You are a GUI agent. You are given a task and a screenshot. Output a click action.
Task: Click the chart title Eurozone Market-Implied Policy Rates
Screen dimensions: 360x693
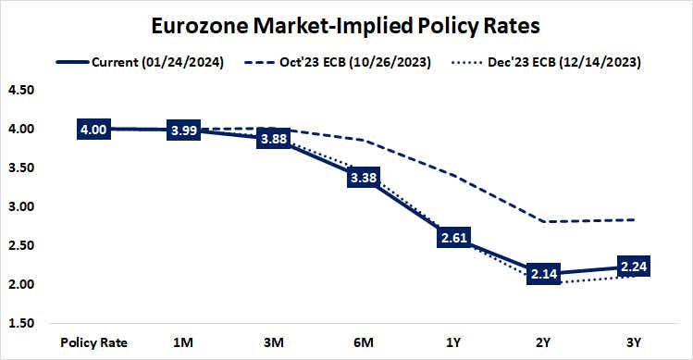coord(346,25)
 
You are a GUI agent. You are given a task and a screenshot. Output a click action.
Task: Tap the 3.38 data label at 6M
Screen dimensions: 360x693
coord(364,178)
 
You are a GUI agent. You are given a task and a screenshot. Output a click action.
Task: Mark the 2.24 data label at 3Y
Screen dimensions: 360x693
coord(633,267)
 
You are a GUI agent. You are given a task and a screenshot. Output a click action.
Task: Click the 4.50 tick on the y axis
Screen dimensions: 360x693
coord(20,91)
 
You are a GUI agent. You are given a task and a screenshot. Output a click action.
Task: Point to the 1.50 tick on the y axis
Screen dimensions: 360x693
coord(20,323)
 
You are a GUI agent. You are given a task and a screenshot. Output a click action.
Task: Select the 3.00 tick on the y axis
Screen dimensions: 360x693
coord(20,206)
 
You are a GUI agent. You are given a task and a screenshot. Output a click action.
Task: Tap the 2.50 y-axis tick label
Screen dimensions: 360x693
coord(20,245)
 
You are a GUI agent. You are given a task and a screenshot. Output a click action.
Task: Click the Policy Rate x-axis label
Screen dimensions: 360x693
coord(94,341)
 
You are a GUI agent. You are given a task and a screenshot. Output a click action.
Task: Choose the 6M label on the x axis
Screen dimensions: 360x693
coord(364,341)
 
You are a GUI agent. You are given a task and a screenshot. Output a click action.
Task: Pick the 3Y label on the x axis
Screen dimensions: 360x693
coord(633,341)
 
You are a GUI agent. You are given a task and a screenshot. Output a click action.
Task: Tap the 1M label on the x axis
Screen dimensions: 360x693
coord(184,341)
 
